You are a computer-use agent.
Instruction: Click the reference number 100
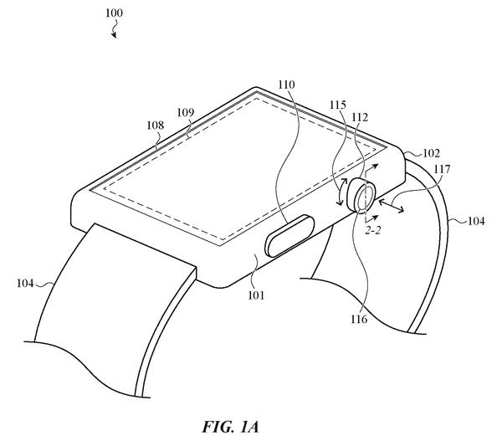(x=114, y=13)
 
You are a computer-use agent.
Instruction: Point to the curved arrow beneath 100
(x=114, y=30)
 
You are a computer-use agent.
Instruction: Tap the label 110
(x=286, y=85)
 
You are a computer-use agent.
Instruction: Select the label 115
(x=338, y=105)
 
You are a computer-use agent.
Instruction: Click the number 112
(x=360, y=117)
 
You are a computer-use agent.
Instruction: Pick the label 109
(x=186, y=112)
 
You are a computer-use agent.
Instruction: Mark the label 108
(x=156, y=126)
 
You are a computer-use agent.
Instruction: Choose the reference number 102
(x=432, y=153)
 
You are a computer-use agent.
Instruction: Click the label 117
(x=442, y=169)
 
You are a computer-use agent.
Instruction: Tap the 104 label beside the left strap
(x=25, y=284)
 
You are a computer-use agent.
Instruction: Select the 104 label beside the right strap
(x=476, y=221)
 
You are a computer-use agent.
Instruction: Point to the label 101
(x=257, y=295)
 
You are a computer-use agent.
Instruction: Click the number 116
(x=359, y=319)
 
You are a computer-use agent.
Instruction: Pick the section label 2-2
(x=373, y=231)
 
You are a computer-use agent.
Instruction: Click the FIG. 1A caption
(x=230, y=427)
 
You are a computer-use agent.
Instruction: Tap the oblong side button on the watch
(x=289, y=236)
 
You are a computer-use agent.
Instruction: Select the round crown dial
(x=362, y=196)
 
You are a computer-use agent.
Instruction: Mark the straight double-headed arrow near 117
(x=391, y=206)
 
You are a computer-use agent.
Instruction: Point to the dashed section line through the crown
(x=366, y=195)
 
